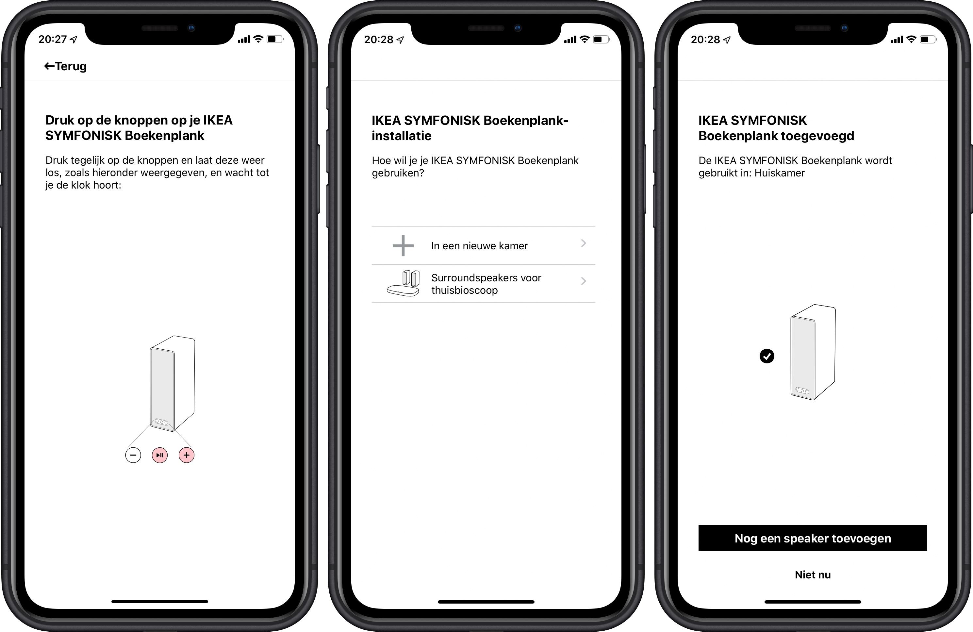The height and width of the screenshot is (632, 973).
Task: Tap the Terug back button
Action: click(x=65, y=66)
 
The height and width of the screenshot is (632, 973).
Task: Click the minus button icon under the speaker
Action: click(x=133, y=455)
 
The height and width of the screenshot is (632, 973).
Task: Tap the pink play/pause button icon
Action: click(x=160, y=455)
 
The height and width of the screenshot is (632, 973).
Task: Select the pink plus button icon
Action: click(x=187, y=455)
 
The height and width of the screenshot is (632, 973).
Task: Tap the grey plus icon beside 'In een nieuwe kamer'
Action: click(x=403, y=246)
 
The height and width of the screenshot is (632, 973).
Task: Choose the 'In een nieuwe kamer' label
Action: click(x=480, y=246)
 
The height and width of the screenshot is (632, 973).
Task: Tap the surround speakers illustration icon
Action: click(x=403, y=283)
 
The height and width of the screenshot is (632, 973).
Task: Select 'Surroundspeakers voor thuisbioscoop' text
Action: click(x=486, y=284)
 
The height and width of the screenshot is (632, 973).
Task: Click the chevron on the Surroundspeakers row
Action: click(x=584, y=281)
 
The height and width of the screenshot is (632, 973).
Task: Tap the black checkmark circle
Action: click(x=767, y=356)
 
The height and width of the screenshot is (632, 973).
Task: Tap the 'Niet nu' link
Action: click(x=813, y=574)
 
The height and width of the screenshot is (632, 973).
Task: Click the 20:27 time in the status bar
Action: click(x=52, y=39)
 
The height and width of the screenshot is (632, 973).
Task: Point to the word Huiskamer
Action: click(x=780, y=173)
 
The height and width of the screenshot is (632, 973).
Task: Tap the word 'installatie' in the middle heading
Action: click(x=402, y=136)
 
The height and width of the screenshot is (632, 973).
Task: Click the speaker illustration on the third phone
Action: click(x=813, y=352)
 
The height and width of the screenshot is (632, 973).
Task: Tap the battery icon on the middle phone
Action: click(x=602, y=39)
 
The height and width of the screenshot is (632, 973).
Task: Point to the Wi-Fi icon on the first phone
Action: click(x=258, y=39)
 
